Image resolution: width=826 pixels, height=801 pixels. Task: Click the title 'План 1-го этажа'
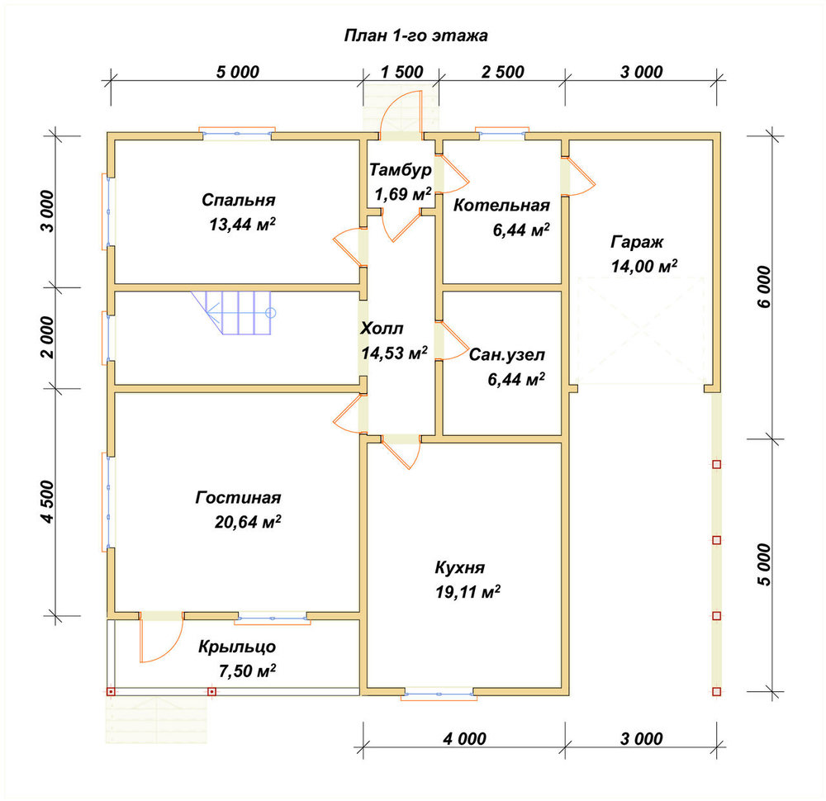pos(415,36)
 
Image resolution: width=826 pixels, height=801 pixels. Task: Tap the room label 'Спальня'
pos(238,200)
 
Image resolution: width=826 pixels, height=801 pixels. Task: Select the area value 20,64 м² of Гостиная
pos(248,522)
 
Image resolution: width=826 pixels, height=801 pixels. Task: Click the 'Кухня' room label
pos(459,567)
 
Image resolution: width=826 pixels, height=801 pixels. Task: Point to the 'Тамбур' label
pos(401,169)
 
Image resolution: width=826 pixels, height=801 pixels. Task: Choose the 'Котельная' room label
pos(501,206)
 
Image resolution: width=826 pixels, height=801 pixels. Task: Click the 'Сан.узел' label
pos(507,355)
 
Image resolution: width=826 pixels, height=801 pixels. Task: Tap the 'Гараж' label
pos(637,242)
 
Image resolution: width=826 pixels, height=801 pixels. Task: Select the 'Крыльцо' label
pos(237,647)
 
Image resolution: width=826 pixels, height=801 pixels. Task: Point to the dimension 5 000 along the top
pos(238,72)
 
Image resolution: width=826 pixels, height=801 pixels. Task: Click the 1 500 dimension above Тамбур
pos(402,72)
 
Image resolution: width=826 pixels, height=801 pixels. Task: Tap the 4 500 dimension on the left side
pos(47,502)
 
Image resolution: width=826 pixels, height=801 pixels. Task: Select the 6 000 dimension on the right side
pos(764,287)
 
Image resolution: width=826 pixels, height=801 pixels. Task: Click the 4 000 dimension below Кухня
pos(464,739)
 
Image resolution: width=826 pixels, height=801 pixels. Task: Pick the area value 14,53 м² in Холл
pos(394,353)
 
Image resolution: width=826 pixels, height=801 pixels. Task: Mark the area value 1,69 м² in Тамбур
pos(403,194)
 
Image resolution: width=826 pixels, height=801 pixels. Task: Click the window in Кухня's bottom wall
pos(439,694)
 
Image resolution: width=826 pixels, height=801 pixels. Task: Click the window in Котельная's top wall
pos(502,134)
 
